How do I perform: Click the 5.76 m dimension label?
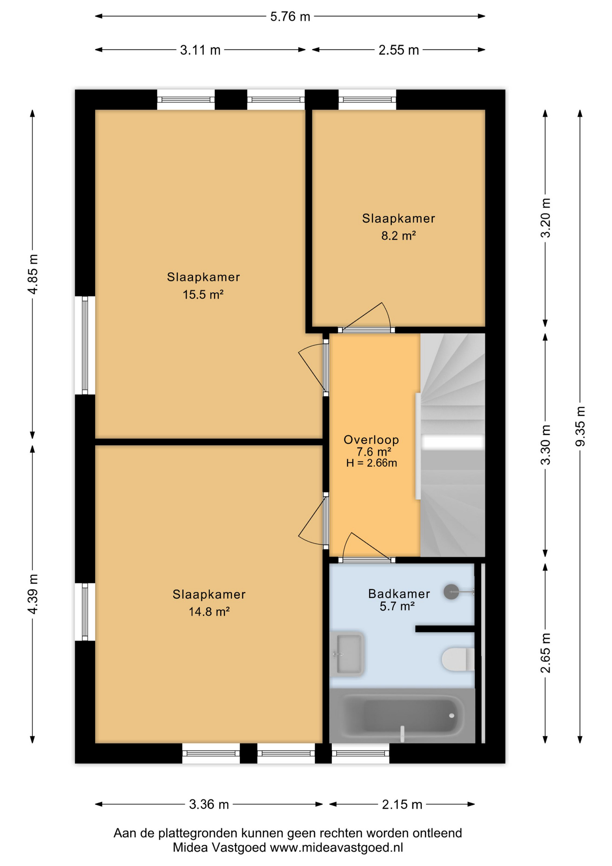(290, 17)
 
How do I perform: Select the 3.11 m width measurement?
(200, 50)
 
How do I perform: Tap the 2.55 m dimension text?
(398, 50)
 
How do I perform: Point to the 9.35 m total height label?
(580, 426)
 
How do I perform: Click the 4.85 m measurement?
(32, 274)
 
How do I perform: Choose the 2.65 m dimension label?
(545, 653)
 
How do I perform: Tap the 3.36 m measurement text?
(209, 804)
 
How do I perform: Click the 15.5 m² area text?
(203, 295)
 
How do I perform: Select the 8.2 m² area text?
(398, 235)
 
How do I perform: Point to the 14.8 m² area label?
(209, 612)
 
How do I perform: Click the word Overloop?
(371, 440)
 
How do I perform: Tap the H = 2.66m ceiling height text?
(371, 463)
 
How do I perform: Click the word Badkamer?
(399, 594)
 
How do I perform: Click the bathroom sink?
(347, 654)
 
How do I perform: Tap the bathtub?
(402, 715)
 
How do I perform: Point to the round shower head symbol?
(451, 592)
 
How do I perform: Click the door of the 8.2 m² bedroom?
(366, 317)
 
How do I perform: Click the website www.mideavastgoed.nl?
(336, 848)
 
